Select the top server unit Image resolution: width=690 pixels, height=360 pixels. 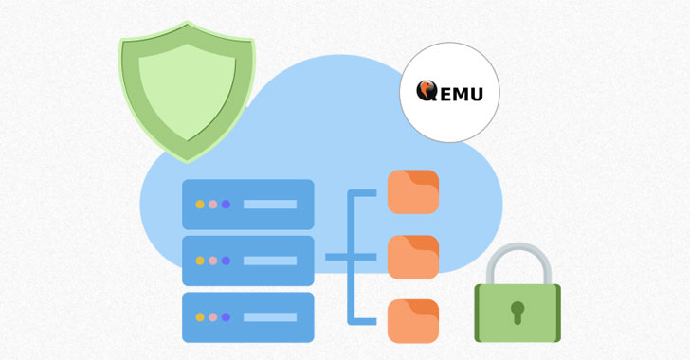[x=247, y=204]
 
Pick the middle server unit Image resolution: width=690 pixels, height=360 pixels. [x=247, y=260]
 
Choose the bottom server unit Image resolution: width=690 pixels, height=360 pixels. [x=247, y=316]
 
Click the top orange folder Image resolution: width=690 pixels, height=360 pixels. [x=413, y=191]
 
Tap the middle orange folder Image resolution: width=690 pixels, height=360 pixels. [x=413, y=257]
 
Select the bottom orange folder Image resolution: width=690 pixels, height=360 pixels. [x=413, y=321]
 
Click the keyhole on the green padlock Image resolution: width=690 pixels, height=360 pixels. [x=517, y=312]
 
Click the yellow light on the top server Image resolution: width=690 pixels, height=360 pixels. [x=200, y=204]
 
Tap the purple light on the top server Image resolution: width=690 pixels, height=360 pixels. [x=226, y=204]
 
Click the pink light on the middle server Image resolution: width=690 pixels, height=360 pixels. [x=213, y=260]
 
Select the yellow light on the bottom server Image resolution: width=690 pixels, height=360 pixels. [x=200, y=316]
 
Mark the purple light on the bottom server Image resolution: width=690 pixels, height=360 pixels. [x=226, y=316]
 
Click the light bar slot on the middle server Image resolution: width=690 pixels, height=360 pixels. [x=270, y=260]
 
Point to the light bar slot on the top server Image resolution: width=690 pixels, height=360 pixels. [x=270, y=204]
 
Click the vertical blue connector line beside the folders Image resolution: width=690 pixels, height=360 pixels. [x=355, y=256]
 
